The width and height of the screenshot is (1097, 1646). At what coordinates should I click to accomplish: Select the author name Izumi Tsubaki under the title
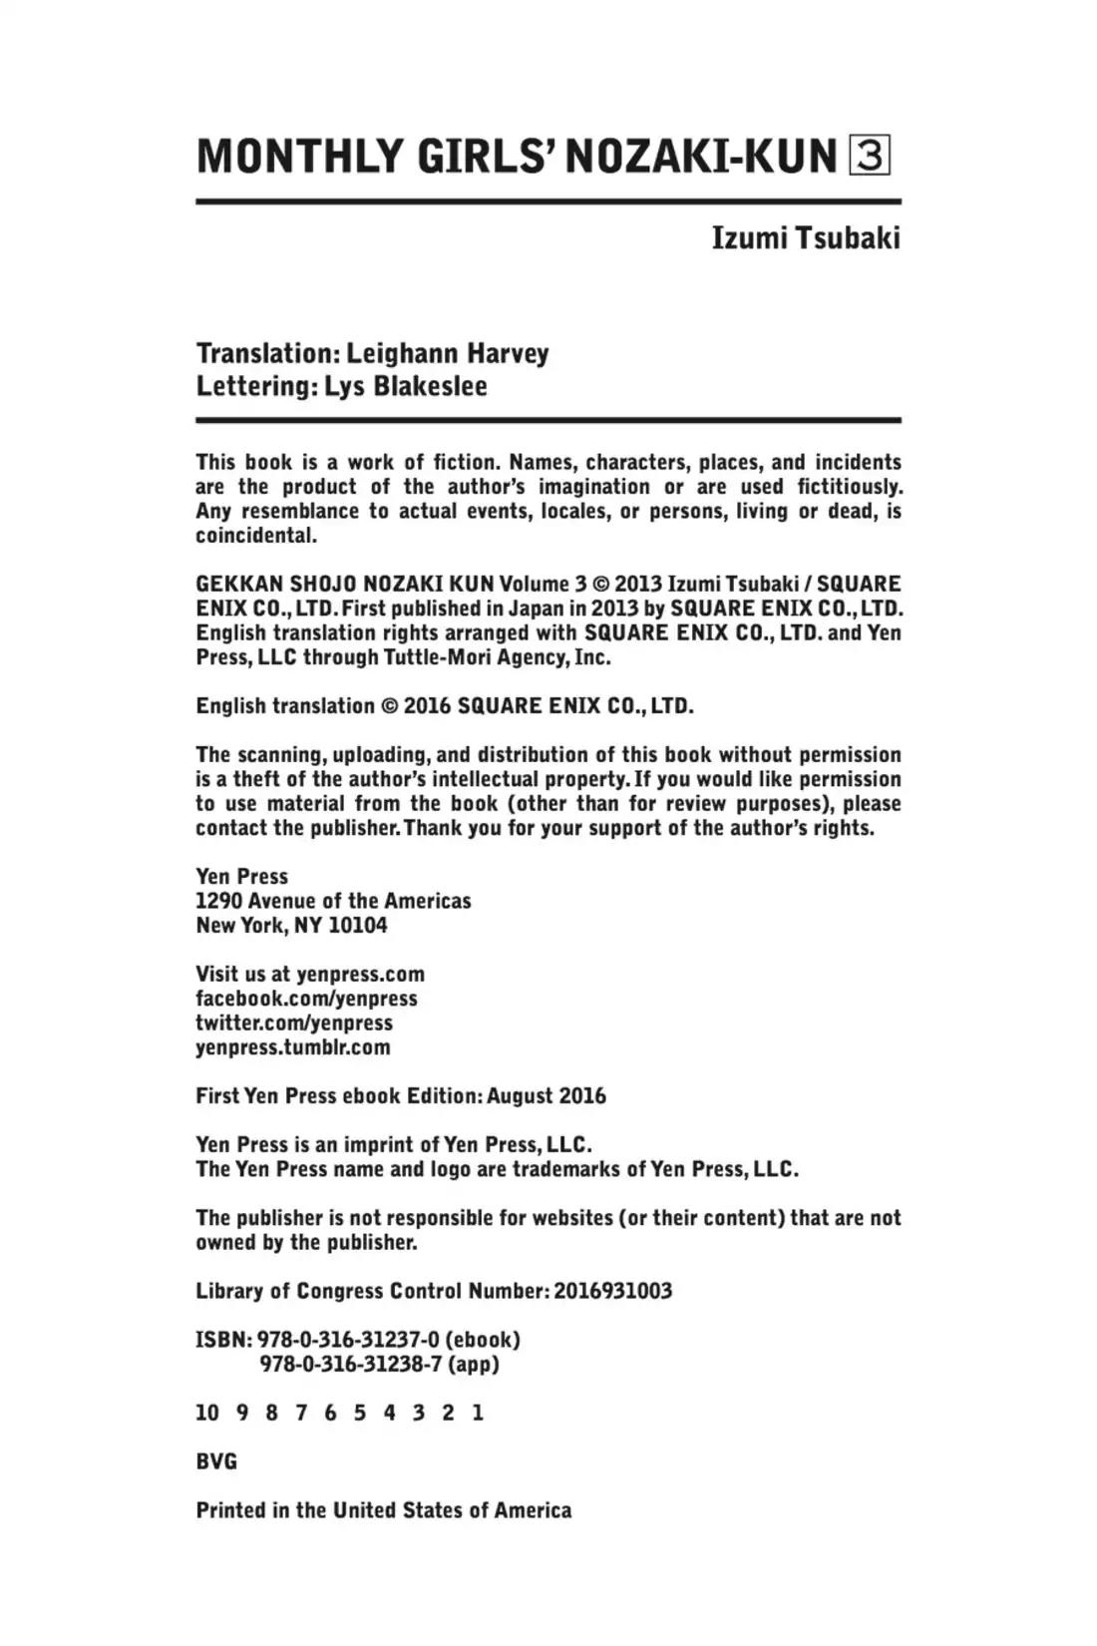(805, 238)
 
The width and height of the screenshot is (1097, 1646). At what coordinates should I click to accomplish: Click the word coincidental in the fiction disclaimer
(255, 536)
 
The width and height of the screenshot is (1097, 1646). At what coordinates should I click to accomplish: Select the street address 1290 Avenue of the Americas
(333, 901)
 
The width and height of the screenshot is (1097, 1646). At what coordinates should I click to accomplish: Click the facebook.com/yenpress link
(306, 999)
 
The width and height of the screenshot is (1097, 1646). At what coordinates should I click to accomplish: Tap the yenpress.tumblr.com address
(292, 1047)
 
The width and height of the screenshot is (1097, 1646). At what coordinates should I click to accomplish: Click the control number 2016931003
(612, 1291)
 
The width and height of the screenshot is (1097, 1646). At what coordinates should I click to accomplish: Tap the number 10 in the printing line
(207, 1413)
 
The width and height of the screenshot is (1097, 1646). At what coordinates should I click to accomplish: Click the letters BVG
(216, 1461)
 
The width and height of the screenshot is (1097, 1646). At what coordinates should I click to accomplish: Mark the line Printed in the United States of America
(383, 1510)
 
